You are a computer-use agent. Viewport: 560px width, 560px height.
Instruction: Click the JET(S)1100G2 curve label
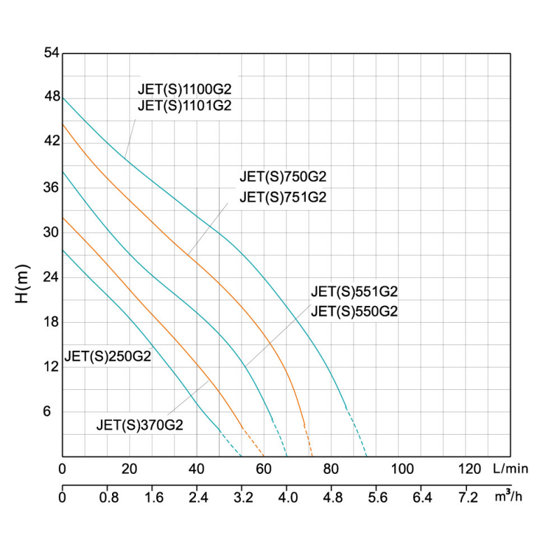pyautogui.click(x=184, y=90)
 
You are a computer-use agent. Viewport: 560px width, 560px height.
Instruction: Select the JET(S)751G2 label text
pyautogui.click(x=283, y=197)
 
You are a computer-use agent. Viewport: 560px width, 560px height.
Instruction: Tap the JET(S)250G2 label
pyautogui.click(x=107, y=356)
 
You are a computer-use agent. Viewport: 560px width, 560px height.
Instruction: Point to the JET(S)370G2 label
pyautogui.click(x=139, y=424)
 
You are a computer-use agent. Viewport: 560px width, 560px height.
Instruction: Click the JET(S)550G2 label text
pyautogui.click(x=354, y=312)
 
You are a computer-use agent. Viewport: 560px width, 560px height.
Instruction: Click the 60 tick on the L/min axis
pyautogui.click(x=264, y=468)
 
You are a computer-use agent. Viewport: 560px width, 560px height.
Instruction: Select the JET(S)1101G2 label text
pyautogui.click(x=184, y=106)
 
